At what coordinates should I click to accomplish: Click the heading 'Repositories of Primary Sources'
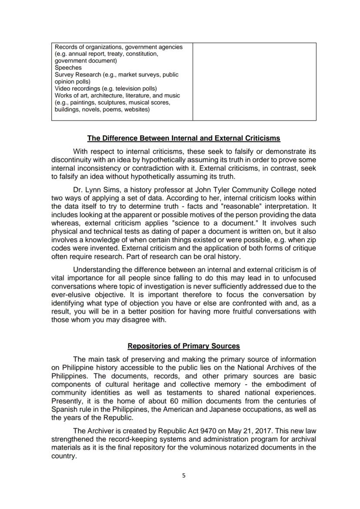pos(183,346)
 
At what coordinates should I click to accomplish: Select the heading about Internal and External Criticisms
pos(183,138)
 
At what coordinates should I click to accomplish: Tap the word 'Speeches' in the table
pos(68,68)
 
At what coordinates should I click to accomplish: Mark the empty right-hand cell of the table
pos(254,82)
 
